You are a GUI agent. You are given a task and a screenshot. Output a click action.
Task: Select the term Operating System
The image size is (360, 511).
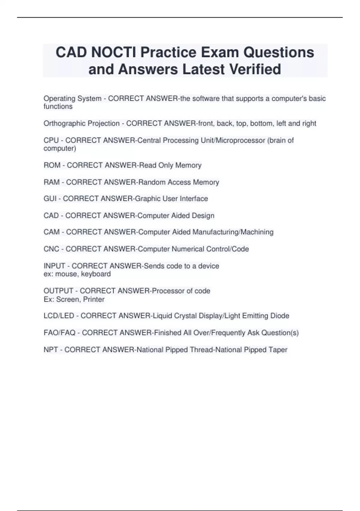click(72, 99)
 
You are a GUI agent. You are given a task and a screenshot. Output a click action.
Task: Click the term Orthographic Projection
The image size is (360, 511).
click(81, 124)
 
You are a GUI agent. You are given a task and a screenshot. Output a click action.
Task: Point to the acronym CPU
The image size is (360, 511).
click(51, 140)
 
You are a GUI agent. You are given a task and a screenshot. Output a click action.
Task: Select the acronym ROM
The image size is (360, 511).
click(52, 165)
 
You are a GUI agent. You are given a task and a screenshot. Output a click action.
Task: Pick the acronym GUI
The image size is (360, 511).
click(50, 199)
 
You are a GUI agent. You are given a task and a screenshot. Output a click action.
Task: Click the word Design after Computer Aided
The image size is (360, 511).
click(203, 216)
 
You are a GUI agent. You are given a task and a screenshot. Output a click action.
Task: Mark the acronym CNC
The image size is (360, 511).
click(51, 249)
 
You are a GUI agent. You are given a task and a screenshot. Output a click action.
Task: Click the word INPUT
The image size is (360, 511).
click(54, 266)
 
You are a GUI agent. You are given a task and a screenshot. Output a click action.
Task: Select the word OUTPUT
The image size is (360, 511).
click(58, 291)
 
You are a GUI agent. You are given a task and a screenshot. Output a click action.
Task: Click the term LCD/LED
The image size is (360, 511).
click(59, 316)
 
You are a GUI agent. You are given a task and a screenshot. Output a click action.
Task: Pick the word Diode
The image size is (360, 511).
click(280, 316)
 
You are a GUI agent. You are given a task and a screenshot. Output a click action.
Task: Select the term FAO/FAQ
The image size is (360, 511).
click(59, 333)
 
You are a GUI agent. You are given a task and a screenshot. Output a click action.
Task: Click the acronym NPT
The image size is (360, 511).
click(51, 350)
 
